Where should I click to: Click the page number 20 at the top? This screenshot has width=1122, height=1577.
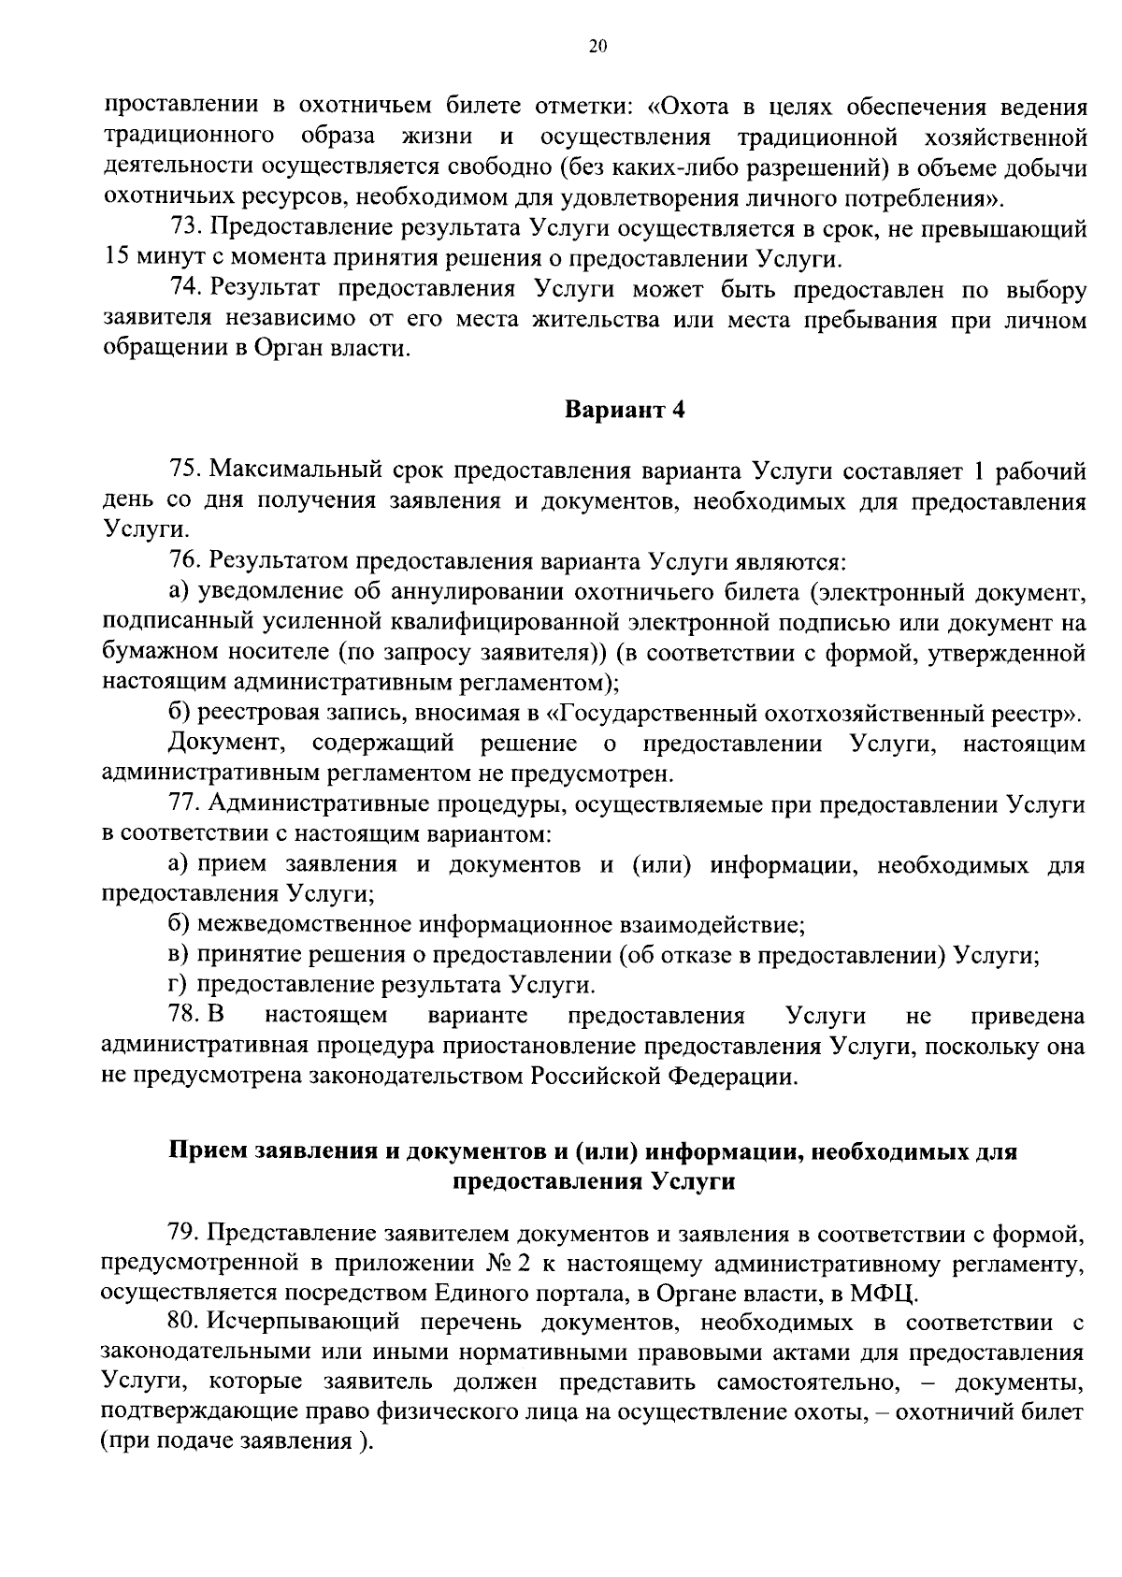point(598,47)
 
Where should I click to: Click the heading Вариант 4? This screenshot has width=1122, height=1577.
point(625,411)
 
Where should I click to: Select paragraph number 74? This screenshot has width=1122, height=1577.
point(184,290)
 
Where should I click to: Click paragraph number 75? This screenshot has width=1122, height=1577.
point(184,470)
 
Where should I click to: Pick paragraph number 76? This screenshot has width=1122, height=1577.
point(184,561)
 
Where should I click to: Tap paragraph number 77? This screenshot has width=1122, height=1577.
point(184,804)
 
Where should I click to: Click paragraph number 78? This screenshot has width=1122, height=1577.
point(184,1016)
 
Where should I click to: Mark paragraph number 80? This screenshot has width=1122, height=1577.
point(184,1324)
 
